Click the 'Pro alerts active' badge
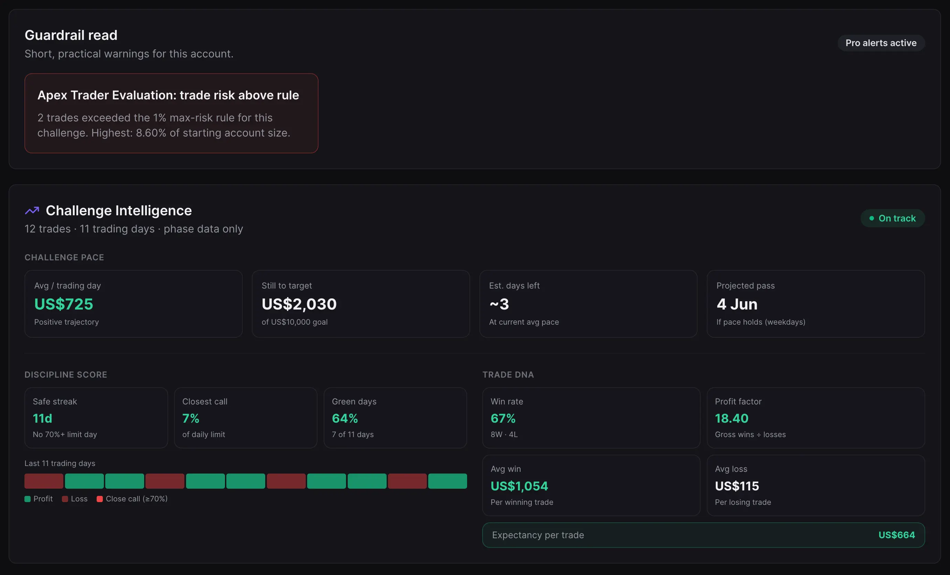(881, 43)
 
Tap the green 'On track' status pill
(893, 218)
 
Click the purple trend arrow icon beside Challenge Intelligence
(32, 210)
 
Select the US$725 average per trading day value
(64, 304)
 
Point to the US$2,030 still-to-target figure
(299, 304)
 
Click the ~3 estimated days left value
(499, 304)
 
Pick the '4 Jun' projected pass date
(737, 304)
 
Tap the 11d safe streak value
(42, 418)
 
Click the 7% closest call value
(191, 418)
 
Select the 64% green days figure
(345, 418)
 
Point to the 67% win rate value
(503, 418)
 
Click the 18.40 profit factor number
(731, 418)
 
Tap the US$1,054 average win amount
(519, 486)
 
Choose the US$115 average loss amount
(737, 486)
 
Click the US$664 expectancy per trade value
(896, 535)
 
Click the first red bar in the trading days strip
(44, 481)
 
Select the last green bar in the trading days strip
(447, 481)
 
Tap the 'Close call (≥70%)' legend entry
(132, 499)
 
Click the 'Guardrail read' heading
(71, 35)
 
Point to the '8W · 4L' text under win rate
(504, 434)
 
